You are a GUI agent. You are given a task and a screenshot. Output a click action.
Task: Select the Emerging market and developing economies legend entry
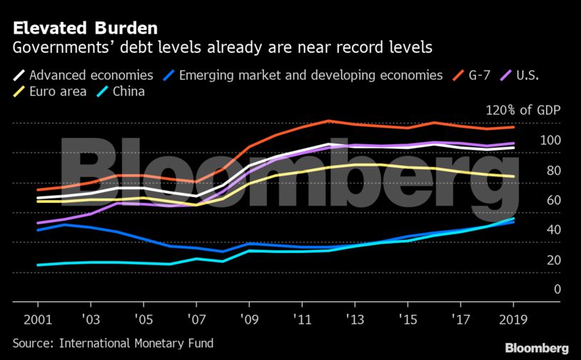[308, 75]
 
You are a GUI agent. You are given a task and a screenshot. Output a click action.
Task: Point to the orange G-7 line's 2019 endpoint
[513, 127]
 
